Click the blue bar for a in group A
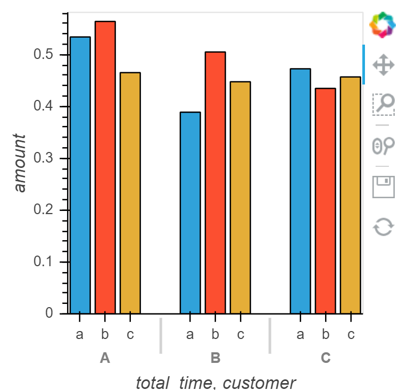[x=80, y=175]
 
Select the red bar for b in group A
[x=105, y=167]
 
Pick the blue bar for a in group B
[x=190, y=213]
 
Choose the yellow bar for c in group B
[x=240, y=198]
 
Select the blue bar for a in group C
[x=301, y=191]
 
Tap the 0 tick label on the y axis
[x=49, y=313]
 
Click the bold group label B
[x=215, y=358]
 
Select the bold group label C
[x=326, y=358]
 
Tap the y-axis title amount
[x=20, y=163]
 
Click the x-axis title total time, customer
[x=215, y=383]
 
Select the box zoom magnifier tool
[x=384, y=105]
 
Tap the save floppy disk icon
[x=384, y=186]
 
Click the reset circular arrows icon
[x=384, y=227]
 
